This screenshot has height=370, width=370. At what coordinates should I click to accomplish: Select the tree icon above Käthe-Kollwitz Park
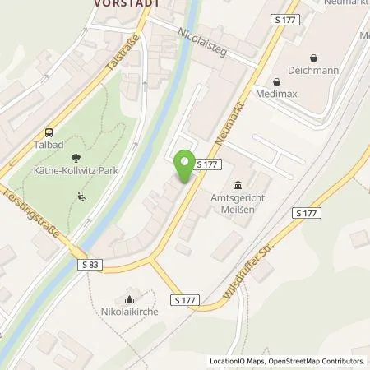click(77, 157)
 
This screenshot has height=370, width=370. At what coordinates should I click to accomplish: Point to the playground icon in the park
click(81, 196)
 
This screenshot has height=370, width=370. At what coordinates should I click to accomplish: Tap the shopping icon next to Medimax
click(275, 81)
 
